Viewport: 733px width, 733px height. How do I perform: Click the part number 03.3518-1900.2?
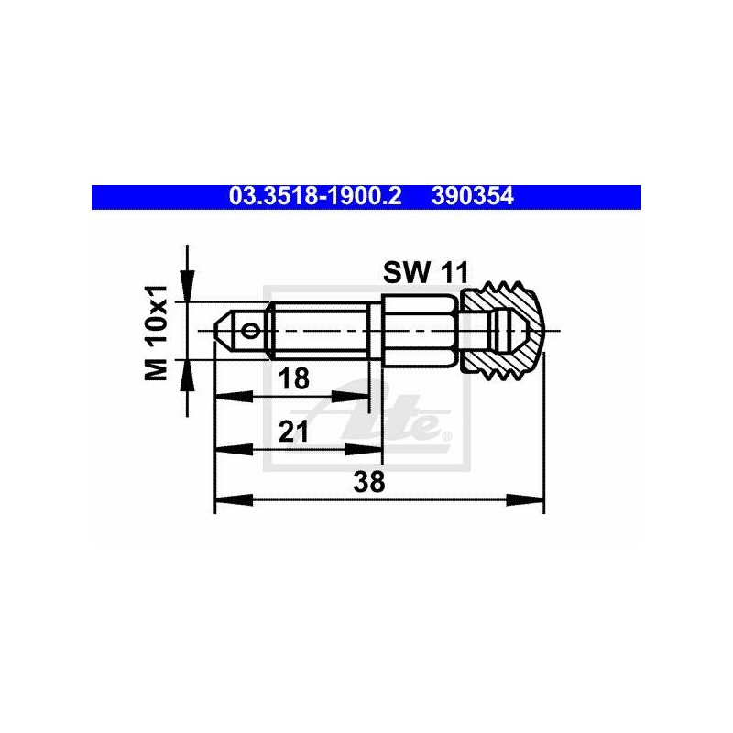(x=315, y=196)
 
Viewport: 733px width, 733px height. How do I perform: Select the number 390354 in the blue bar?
(x=473, y=196)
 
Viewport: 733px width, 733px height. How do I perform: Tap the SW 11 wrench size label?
(x=425, y=272)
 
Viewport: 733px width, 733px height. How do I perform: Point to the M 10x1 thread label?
(x=156, y=333)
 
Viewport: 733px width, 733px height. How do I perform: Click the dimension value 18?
(x=293, y=378)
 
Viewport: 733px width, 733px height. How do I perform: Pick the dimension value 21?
(x=293, y=431)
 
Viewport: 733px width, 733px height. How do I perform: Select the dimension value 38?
(x=369, y=482)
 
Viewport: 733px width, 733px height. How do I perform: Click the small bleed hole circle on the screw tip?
(x=250, y=331)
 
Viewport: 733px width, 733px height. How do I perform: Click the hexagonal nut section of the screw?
(x=419, y=331)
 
